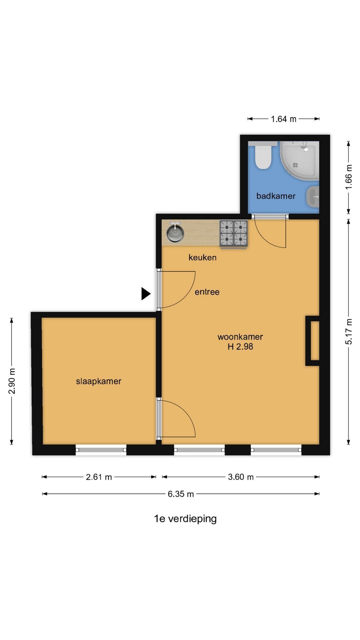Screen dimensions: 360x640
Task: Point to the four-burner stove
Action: pyautogui.click(x=233, y=234)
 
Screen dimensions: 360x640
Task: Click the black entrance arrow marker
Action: pyautogui.click(x=146, y=294)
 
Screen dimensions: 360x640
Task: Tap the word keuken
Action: pyautogui.click(x=202, y=257)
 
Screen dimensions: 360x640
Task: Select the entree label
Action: pyautogui.click(x=207, y=292)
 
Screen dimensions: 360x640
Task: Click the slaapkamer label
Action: pyautogui.click(x=99, y=381)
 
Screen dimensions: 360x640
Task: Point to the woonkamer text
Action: pyautogui.click(x=240, y=337)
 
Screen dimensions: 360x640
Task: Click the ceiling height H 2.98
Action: pyautogui.click(x=240, y=347)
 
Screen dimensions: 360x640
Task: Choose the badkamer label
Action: pyautogui.click(x=276, y=196)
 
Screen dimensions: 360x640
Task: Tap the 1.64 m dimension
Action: pyautogui.click(x=284, y=119)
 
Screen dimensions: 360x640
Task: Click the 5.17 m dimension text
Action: pyautogui.click(x=349, y=332)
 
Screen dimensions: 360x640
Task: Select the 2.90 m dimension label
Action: pyautogui.click(x=12, y=381)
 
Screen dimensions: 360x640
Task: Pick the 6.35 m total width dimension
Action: pyautogui.click(x=181, y=494)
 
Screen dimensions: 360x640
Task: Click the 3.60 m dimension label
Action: pyautogui.click(x=241, y=477)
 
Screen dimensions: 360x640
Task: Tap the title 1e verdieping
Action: pyautogui.click(x=185, y=519)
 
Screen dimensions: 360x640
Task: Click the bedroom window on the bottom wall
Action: pyautogui.click(x=101, y=450)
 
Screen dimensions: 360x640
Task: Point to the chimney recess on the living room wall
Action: pyautogui.click(x=313, y=340)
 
